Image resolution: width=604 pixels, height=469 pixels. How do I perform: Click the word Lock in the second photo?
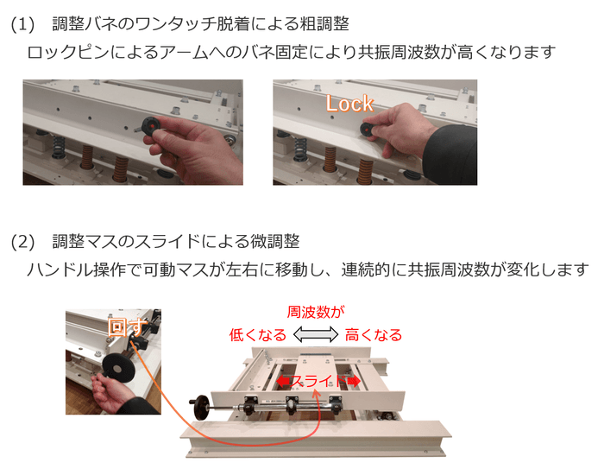(x=349, y=104)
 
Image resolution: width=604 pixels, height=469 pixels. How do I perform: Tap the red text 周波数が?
(x=316, y=312)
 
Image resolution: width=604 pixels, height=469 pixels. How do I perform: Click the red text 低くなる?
(x=257, y=335)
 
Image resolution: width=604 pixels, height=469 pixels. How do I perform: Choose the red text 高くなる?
(x=374, y=335)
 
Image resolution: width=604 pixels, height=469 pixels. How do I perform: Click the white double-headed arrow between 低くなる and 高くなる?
(x=316, y=335)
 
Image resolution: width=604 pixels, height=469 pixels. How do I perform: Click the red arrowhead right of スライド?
(x=353, y=380)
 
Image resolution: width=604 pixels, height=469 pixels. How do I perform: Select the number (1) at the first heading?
(x=22, y=24)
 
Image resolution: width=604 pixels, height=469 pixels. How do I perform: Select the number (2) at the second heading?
(x=22, y=242)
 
